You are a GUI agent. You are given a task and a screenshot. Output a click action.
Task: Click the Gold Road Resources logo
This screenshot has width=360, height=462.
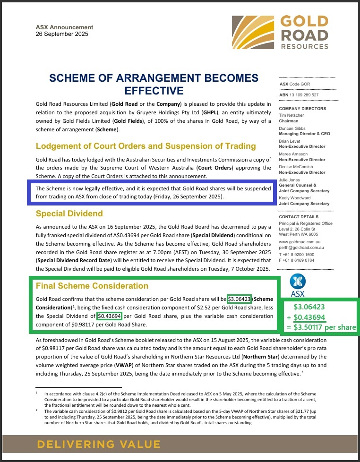[280, 32]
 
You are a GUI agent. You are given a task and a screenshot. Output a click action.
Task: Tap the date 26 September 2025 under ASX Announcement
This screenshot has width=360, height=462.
[62, 34]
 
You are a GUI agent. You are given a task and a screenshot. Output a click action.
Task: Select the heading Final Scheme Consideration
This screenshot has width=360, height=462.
[92, 286]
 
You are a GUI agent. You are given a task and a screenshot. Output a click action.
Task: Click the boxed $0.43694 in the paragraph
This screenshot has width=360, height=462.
[110, 316]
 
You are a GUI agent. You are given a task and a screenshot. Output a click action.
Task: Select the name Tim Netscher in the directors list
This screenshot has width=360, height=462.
[292, 115]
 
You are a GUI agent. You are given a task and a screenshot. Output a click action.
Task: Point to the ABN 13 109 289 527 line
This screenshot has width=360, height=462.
[299, 95]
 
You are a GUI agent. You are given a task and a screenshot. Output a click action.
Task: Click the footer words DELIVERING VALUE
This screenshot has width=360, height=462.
[99, 444]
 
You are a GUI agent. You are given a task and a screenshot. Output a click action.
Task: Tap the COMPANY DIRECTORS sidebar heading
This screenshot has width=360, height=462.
[303, 109]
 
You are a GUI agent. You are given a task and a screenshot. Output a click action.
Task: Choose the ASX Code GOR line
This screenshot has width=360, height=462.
[295, 84]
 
